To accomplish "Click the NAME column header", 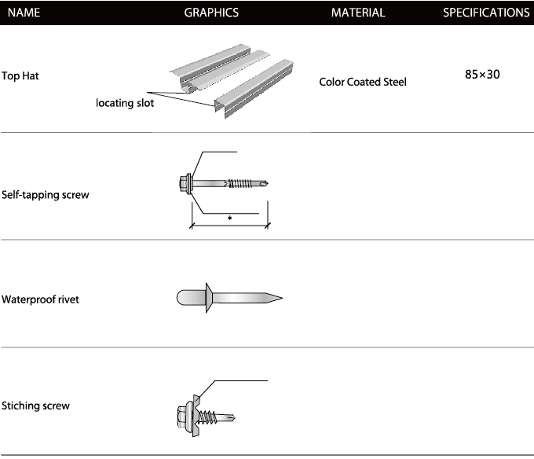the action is click(24, 13).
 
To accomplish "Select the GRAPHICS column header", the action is click(211, 13).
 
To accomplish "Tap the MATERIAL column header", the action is click(358, 13).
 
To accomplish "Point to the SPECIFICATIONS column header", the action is click(486, 13).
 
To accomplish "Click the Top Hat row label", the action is click(20, 75).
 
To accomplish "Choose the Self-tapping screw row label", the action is click(46, 195).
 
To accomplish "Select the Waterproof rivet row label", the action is click(40, 299).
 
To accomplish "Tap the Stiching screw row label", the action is click(35, 406).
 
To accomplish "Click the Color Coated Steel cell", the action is click(363, 82).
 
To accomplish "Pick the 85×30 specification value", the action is click(482, 75).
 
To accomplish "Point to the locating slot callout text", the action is click(125, 103).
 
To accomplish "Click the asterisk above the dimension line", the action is click(230, 218).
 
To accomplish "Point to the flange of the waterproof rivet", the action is click(208, 297).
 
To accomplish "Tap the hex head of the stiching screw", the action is click(182, 416).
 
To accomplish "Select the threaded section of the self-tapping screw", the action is click(240, 184).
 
